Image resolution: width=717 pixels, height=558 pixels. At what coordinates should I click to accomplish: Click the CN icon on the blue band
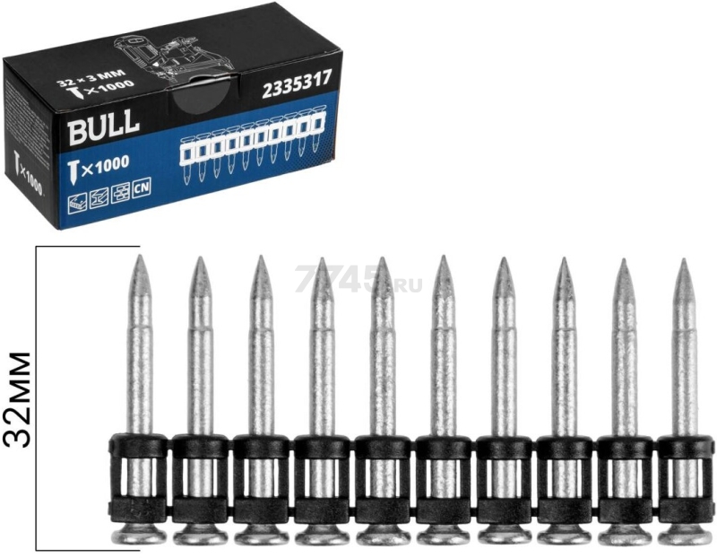point(142,188)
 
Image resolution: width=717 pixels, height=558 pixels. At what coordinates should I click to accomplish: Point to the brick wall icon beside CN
point(120,194)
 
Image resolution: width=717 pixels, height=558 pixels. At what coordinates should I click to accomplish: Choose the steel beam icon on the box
point(99,199)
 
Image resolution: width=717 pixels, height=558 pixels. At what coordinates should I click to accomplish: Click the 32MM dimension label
point(18,399)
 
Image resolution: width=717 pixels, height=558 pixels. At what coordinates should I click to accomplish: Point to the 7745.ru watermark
point(358,278)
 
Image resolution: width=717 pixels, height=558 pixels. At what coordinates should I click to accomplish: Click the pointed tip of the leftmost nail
point(140,255)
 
